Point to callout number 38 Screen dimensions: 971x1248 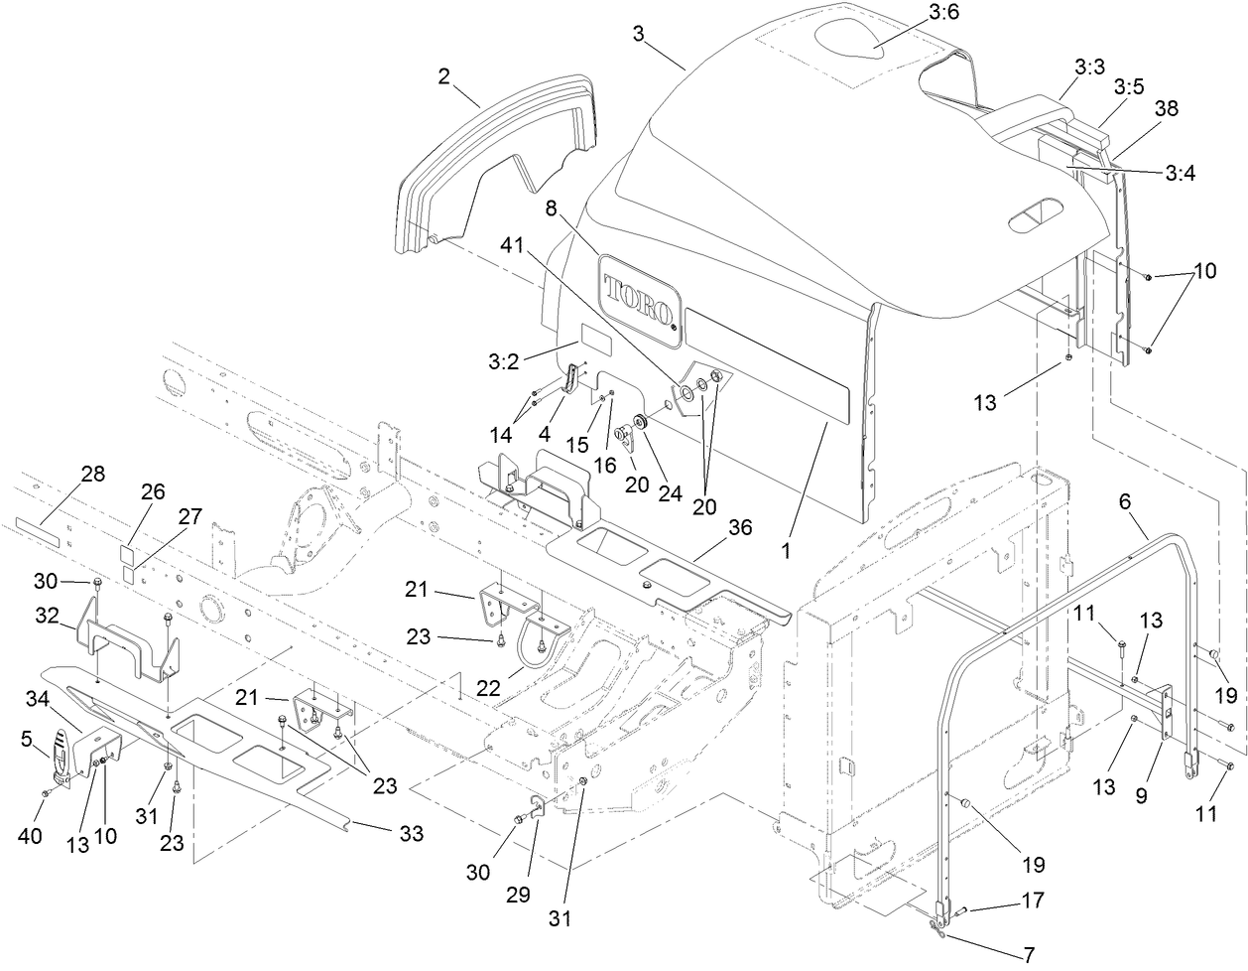point(1166,109)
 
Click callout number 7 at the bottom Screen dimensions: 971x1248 point(1028,955)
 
